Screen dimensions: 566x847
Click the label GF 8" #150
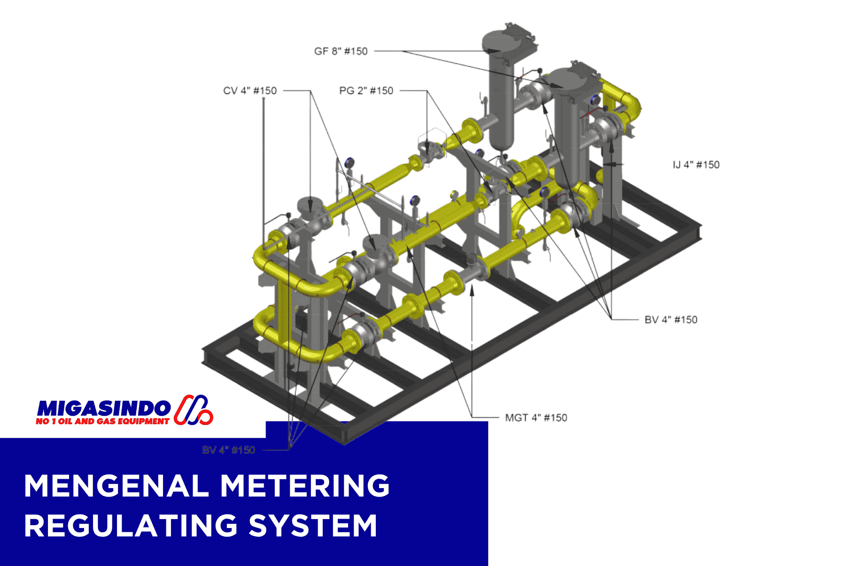click(x=341, y=51)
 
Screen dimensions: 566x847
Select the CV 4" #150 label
click(x=250, y=91)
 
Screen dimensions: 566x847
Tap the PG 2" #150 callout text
click(x=366, y=91)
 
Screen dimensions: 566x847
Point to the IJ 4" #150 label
click(x=696, y=165)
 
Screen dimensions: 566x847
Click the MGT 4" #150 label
click(x=536, y=418)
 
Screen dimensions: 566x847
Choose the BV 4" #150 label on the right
click(x=670, y=320)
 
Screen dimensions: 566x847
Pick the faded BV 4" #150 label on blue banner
click(x=229, y=450)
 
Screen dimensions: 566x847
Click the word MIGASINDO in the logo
click(x=103, y=408)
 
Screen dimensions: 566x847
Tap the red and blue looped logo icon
click(x=193, y=410)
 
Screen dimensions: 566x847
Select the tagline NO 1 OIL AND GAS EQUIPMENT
click(x=102, y=421)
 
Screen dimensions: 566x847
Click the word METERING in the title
click(x=305, y=486)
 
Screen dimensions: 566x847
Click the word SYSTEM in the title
click(x=313, y=526)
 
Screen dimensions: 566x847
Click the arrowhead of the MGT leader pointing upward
click(x=472, y=288)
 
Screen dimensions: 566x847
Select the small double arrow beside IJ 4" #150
click(x=613, y=164)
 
